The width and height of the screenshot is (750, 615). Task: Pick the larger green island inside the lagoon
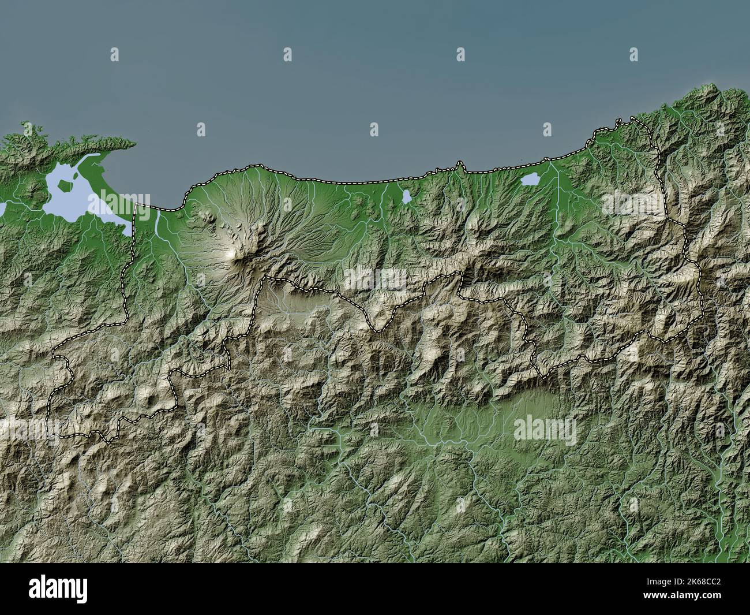67,185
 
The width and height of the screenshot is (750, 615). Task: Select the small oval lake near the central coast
407,197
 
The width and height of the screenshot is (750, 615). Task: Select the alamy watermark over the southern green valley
545,428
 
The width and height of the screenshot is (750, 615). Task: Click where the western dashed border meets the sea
136,206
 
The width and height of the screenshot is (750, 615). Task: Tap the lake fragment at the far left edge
2,206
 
